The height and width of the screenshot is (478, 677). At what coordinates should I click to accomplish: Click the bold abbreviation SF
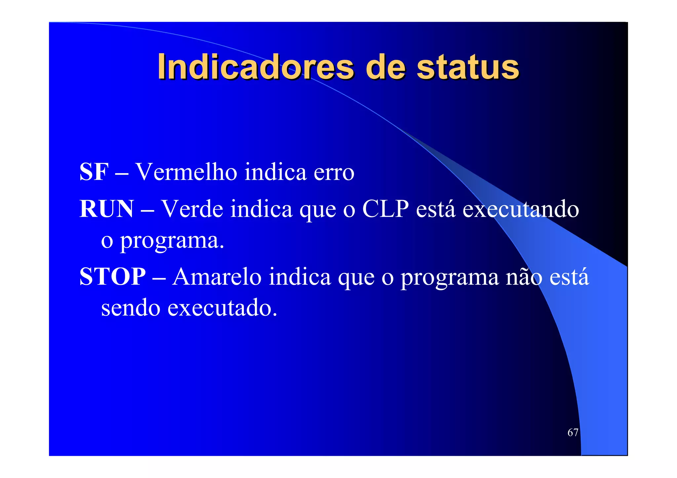[x=94, y=172]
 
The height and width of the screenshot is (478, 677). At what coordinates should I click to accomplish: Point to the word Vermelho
[x=186, y=172]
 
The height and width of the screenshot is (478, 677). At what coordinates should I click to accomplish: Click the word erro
[x=334, y=173]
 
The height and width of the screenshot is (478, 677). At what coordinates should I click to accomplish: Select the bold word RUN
[x=106, y=209]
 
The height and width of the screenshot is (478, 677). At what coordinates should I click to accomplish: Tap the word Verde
[x=192, y=209]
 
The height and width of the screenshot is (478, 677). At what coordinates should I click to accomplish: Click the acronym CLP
[x=385, y=209]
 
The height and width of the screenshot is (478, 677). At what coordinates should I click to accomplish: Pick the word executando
[x=520, y=209]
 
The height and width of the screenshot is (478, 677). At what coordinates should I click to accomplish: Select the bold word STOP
[x=112, y=276]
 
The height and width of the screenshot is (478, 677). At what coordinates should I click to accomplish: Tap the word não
[x=524, y=276]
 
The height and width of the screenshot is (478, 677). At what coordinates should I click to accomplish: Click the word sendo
[x=131, y=308]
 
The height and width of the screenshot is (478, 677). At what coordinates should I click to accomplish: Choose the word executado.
[x=222, y=308]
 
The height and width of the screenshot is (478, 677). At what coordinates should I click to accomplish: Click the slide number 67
[x=573, y=432]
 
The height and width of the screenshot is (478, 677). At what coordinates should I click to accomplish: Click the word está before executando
[x=435, y=209]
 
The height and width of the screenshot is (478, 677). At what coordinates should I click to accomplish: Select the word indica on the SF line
[x=275, y=172]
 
